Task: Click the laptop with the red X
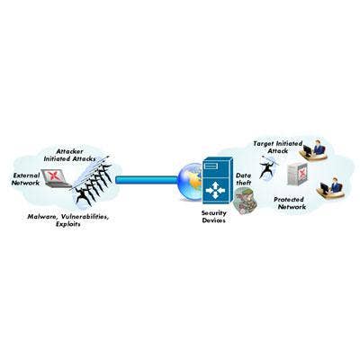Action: (x=56, y=178)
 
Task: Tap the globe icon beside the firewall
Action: (x=191, y=182)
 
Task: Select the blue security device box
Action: (x=218, y=181)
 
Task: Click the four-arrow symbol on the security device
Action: (x=215, y=191)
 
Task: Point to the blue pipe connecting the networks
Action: (x=147, y=180)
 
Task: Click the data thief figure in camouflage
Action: (x=246, y=202)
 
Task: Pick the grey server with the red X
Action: (x=297, y=175)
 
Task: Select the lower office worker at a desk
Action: (x=331, y=188)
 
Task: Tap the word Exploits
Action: (x=68, y=224)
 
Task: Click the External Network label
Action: (x=25, y=179)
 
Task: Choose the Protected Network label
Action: (x=289, y=203)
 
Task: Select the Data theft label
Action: (x=243, y=179)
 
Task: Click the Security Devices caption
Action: (x=214, y=217)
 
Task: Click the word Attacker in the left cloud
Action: (x=69, y=151)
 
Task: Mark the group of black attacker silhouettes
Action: (x=93, y=184)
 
